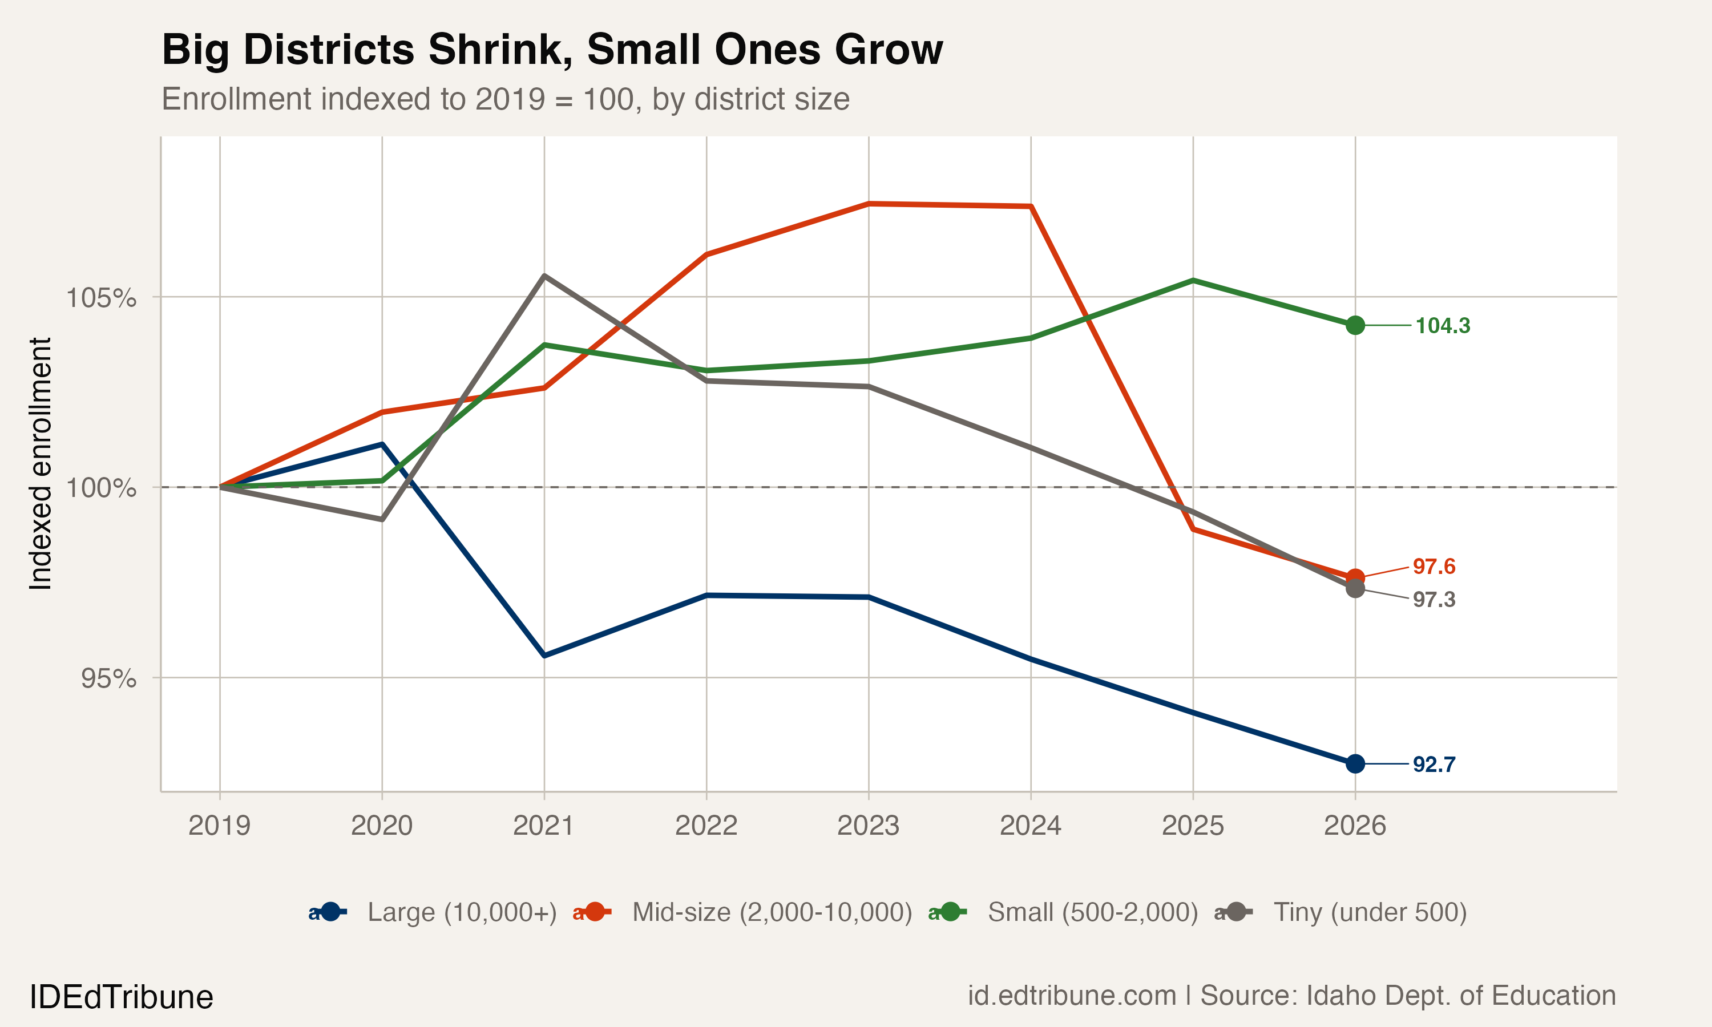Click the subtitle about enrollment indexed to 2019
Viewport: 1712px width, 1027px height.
(505, 100)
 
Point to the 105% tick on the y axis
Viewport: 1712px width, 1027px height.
(101, 298)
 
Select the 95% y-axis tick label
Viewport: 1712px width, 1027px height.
(108, 679)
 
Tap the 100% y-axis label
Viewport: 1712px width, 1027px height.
(101, 488)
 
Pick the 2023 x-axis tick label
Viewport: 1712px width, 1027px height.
(868, 826)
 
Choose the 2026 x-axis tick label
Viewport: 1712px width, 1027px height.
(1354, 826)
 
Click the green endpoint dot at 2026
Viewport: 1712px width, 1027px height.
(1355, 325)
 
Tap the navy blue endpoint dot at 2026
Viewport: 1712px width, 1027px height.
(1355, 764)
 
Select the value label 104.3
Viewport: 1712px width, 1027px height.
(1442, 326)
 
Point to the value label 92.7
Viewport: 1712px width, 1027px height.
(1434, 765)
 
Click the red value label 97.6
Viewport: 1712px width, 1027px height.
(1434, 567)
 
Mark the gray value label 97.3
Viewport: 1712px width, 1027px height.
(1434, 599)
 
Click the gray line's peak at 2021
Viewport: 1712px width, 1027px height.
(544, 276)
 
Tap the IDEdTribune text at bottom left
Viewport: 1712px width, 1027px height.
(121, 997)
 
